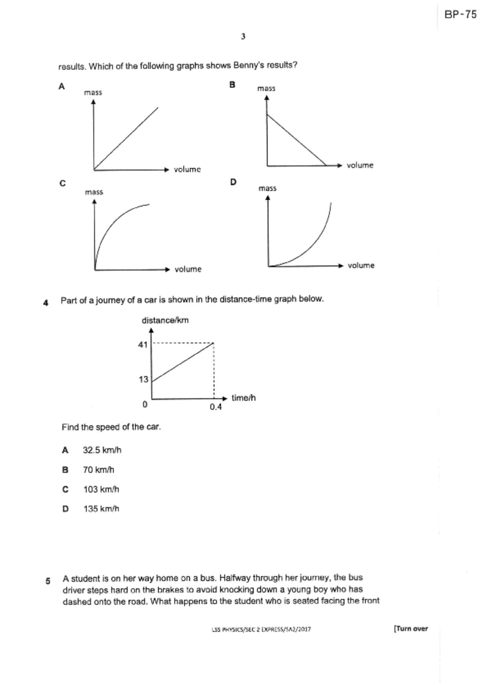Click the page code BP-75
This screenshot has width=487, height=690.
pos(460,15)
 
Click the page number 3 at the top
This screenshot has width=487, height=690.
pos(243,37)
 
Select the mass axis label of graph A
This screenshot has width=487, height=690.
pos(93,92)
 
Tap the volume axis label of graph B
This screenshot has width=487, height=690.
pos(360,165)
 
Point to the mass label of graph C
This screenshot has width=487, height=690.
pos(94,192)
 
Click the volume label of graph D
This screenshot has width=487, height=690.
pos(361,266)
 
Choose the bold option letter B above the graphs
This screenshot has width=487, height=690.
pos(232,85)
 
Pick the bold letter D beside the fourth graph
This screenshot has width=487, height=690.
pos(233,182)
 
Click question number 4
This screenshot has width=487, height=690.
pos(46,303)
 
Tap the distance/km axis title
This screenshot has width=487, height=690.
pos(165,320)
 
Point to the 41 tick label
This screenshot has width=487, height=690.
pos(143,345)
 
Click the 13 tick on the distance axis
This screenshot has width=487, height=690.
pos(143,379)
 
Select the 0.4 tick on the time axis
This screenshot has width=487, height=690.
pos(215,407)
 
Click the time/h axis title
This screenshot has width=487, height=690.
pos(244,398)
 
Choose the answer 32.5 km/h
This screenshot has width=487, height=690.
pos(102,450)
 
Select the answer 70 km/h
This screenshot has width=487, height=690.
pos(98,470)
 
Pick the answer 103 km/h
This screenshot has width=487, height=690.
pos(101,489)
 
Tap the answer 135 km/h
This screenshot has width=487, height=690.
pos(101,509)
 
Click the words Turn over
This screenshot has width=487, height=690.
pos(411,628)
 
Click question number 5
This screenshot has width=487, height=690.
pos(48,581)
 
